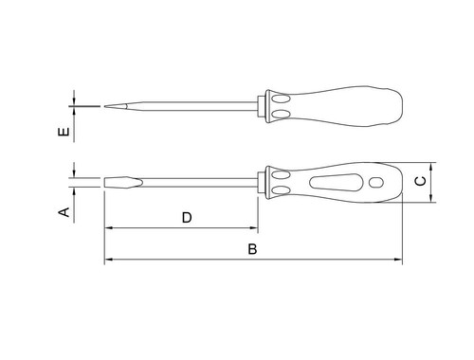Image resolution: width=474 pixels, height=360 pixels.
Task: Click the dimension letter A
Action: pyautogui.click(x=64, y=212)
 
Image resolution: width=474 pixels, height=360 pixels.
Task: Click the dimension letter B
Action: pyautogui.click(x=252, y=249)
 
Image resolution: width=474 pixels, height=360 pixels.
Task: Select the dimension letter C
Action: pyautogui.click(x=420, y=181)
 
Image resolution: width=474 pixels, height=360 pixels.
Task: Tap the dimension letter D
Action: pyautogui.click(x=187, y=218)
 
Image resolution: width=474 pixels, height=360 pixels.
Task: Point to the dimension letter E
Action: pyautogui.click(x=64, y=132)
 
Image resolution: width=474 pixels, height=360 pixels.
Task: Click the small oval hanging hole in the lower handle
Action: pyautogui.click(x=376, y=182)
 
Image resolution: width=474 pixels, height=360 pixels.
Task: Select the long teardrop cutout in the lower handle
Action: pyautogui.click(x=335, y=182)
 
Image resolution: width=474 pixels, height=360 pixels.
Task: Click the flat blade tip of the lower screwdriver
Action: pyautogui.click(x=105, y=183)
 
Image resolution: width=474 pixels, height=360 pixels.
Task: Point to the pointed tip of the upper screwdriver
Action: pyautogui.click(x=105, y=106)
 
